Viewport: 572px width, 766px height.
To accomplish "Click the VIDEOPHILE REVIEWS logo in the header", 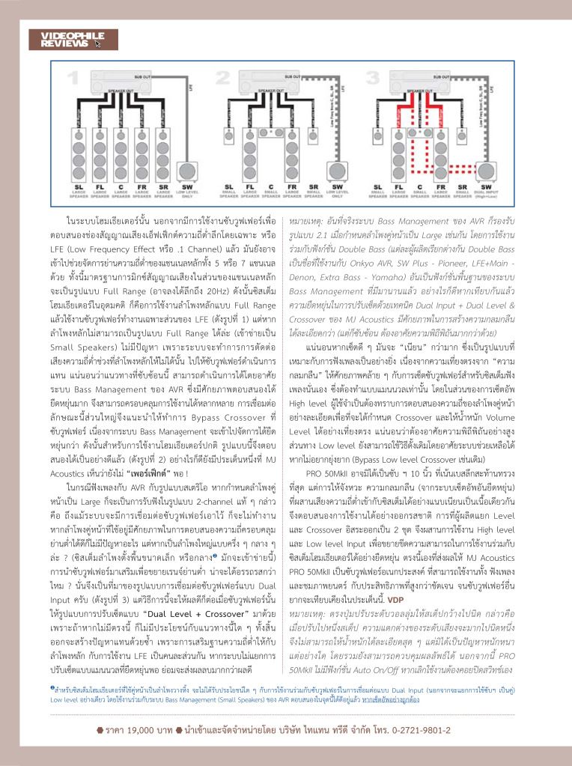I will tap(55, 40).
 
